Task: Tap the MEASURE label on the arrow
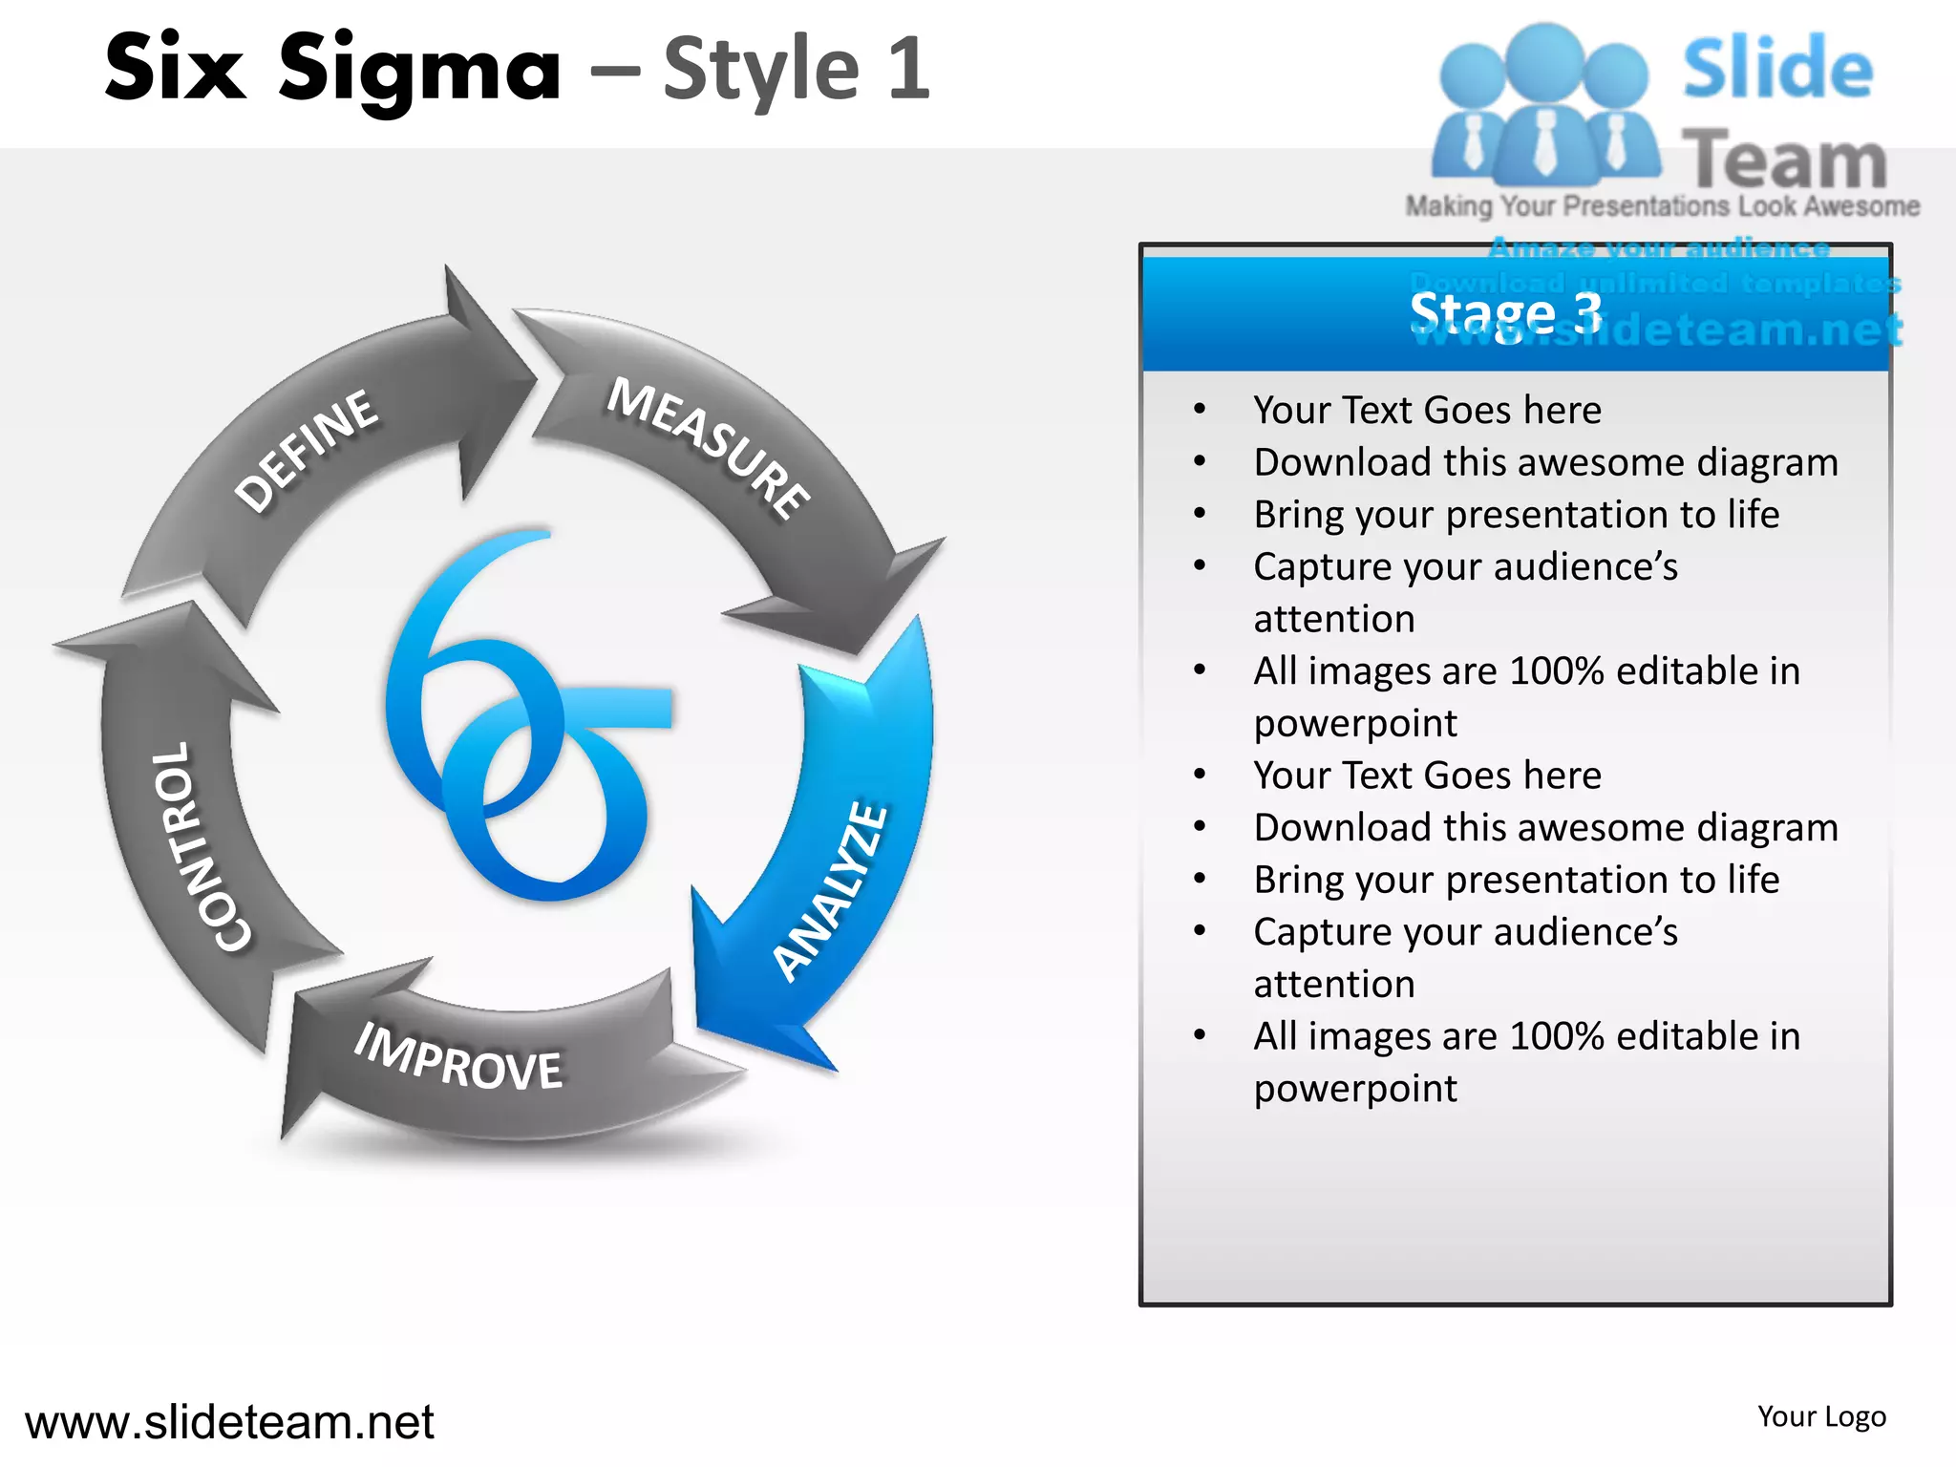[x=709, y=447]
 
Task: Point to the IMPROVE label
[x=458, y=1058]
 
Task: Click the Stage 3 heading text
[x=1505, y=313]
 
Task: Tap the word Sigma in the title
[x=418, y=69]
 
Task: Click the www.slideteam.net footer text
[x=229, y=1421]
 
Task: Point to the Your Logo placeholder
[x=1821, y=1416]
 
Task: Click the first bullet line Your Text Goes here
[x=1427, y=410]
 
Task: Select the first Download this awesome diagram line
[x=1545, y=462]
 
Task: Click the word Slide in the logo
[x=1776, y=69]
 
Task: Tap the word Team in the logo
[x=1784, y=159]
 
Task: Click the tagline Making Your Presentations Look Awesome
[x=1662, y=206]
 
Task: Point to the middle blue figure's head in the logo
[x=1544, y=59]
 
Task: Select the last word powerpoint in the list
[x=1355, y=1089]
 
